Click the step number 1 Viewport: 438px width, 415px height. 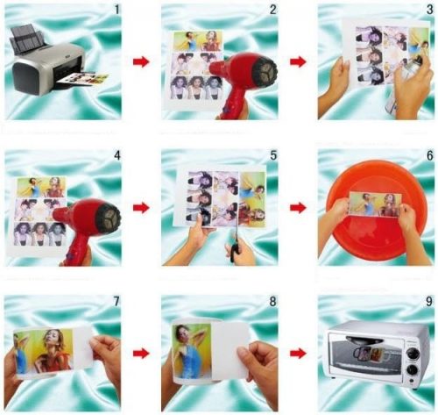117,10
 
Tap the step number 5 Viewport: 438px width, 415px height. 273,155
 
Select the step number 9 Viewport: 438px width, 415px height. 429,302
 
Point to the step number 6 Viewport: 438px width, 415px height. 429,155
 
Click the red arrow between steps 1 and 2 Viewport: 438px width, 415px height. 141,62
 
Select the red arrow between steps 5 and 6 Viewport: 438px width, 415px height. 298,208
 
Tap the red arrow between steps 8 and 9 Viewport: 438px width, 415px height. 298,354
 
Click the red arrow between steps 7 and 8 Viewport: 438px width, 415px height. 141,354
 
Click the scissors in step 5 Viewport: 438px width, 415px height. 236,246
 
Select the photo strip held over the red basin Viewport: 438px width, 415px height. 375,204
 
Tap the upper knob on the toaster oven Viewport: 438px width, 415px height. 412,354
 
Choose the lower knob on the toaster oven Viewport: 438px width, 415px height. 412,371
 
